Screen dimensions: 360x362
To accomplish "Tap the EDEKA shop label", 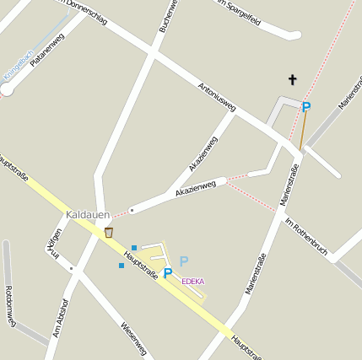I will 193,281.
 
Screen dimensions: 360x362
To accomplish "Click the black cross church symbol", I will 294,80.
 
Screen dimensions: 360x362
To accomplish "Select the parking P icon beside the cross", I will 306,107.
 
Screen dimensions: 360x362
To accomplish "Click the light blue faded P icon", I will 184,261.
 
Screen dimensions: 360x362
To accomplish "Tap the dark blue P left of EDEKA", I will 168,272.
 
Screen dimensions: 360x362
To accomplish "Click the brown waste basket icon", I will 108,232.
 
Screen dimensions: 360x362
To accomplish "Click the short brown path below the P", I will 303,132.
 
